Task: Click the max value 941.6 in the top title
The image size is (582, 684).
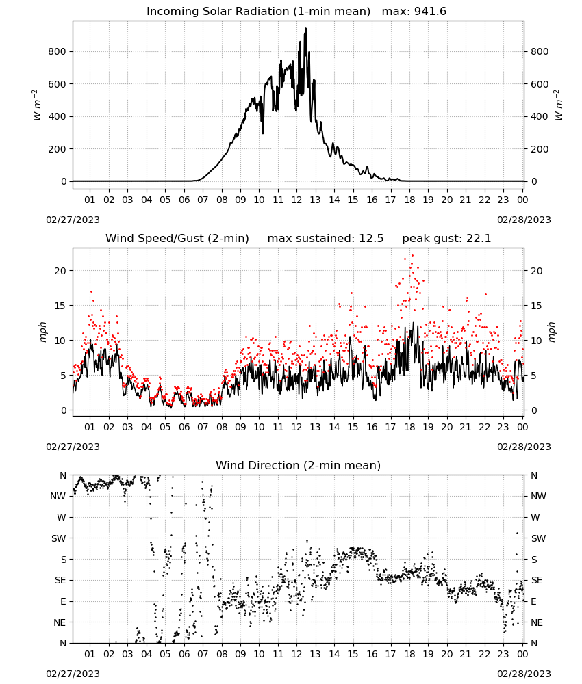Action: pos(430,12)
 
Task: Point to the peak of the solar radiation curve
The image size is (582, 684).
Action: pos(305,28)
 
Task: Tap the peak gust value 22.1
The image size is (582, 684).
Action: pos(479,239)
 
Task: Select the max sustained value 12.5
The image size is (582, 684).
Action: pos(371,239)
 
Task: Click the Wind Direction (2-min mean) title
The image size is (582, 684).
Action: pos(299,465)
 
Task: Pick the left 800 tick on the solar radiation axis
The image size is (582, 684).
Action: pos(57,51)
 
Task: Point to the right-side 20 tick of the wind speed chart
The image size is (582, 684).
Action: pos(537,271)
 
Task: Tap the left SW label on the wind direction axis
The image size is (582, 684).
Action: pos(58,538)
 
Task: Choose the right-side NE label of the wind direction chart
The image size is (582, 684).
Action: pos(537,622)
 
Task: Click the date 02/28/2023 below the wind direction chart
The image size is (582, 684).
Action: pos(524,674)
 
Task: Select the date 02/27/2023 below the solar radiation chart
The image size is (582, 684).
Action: pos(73,220)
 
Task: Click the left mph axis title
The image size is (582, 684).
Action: pos(42,332)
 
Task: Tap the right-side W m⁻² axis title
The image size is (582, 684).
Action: pos(559,105)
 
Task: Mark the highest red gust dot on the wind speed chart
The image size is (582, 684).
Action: pos(412,256)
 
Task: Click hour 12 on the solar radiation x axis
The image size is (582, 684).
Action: pos(296,200)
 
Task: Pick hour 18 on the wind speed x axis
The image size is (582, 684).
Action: pos(409,427)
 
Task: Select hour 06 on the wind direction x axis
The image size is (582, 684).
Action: pos(184,654)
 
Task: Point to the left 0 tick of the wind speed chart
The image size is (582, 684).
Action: pos(63,410)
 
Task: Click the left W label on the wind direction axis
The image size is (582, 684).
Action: pos(62,517)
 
